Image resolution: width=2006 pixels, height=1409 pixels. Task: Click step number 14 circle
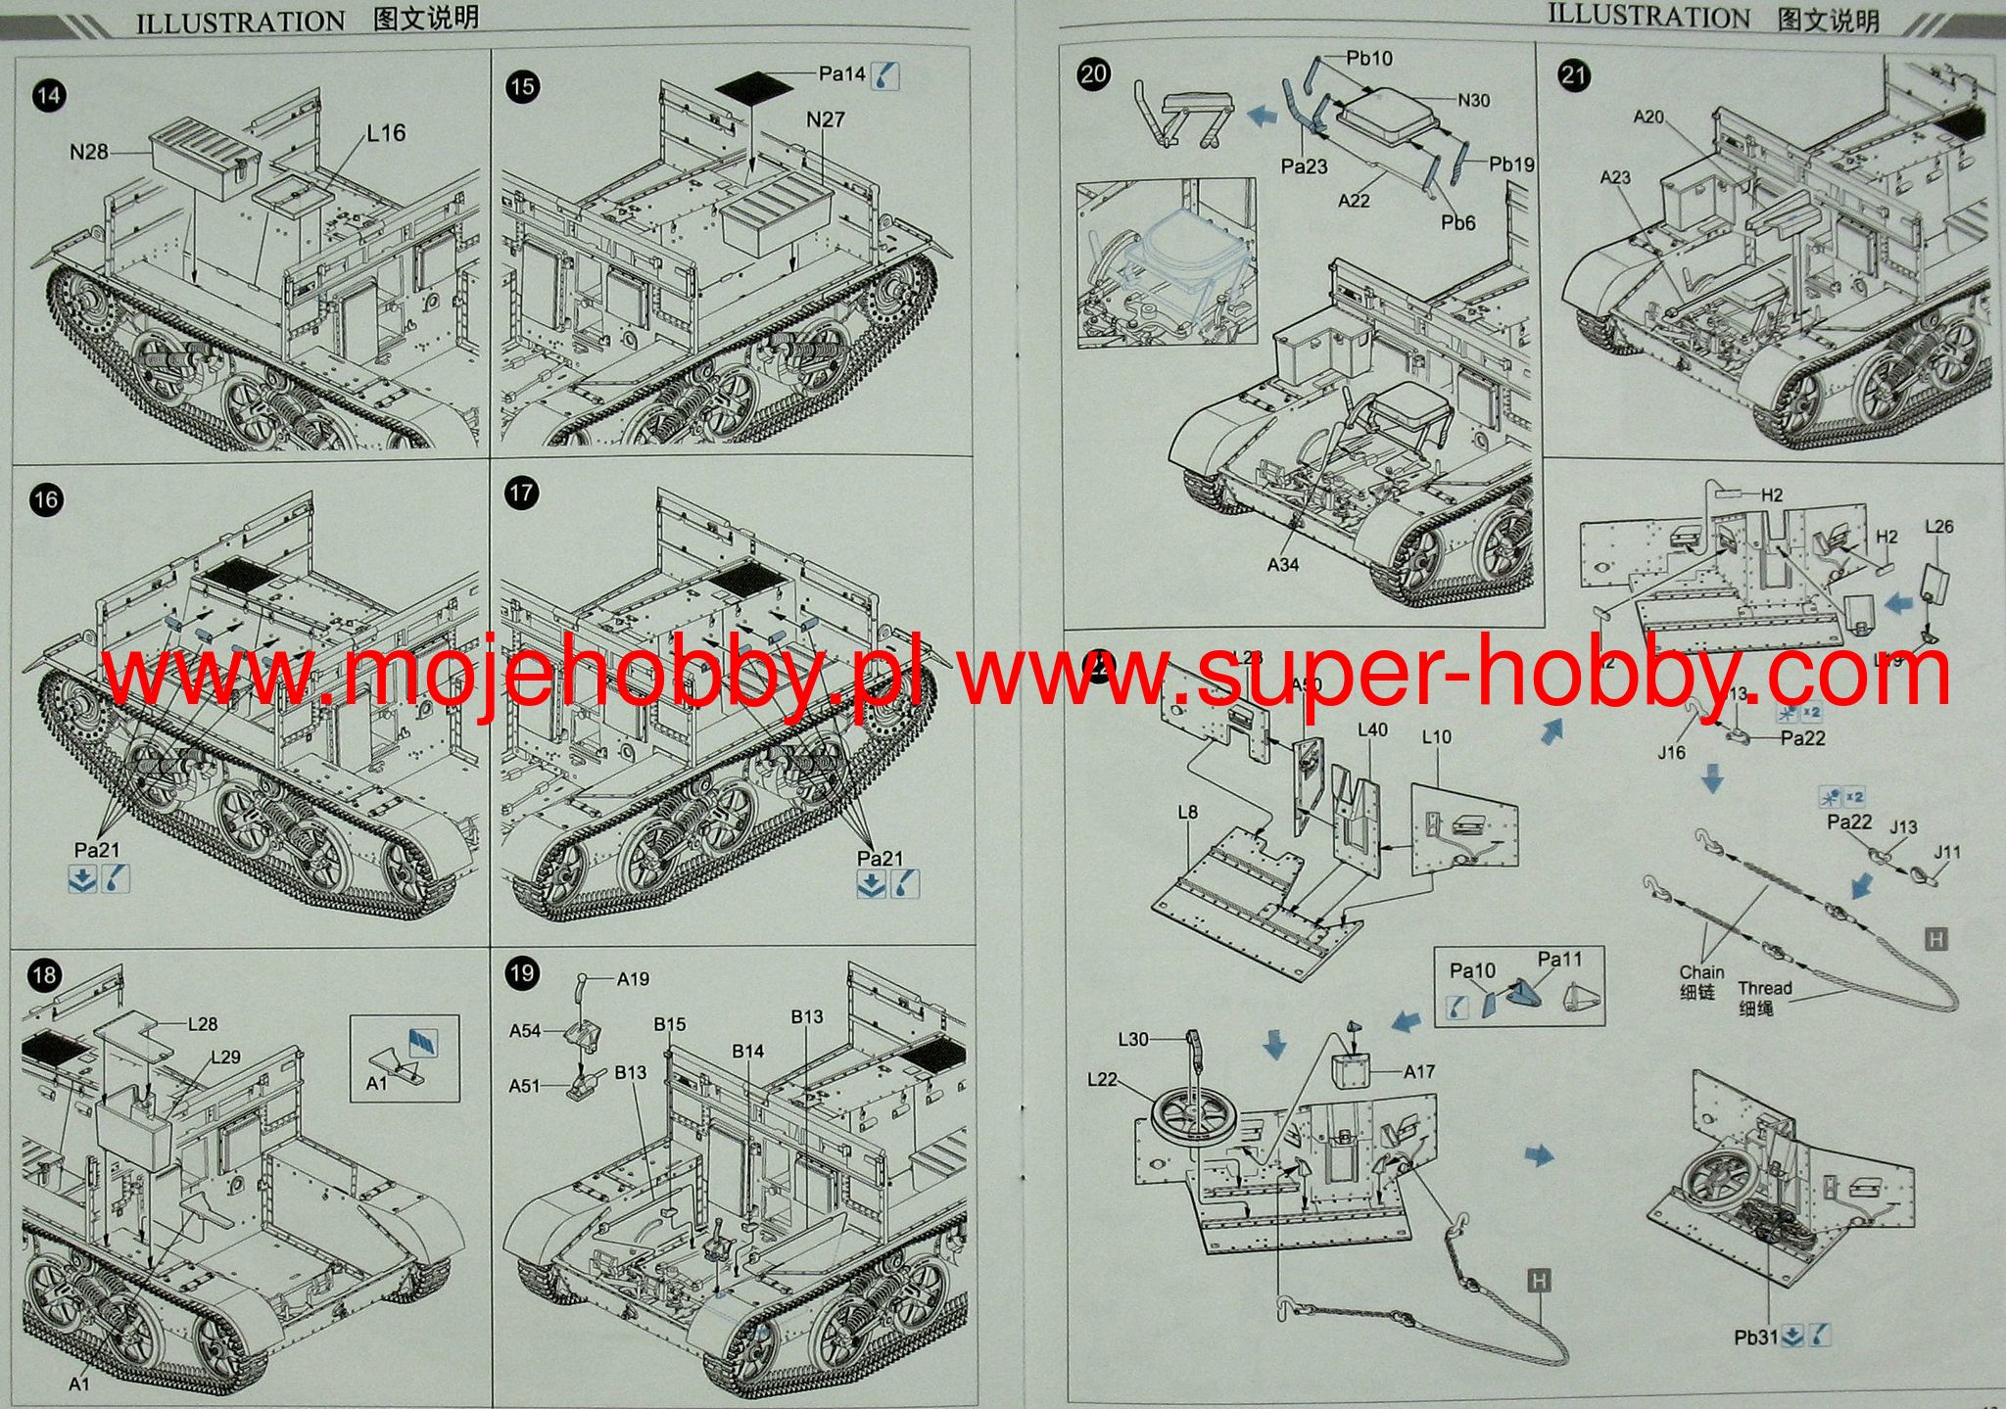[x=47, y=95]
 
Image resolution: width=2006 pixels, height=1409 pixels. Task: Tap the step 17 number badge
[x=522, y=493]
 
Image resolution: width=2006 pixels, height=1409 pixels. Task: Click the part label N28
[x=89, y=152]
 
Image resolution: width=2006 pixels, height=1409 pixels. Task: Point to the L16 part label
[x=386, y=133]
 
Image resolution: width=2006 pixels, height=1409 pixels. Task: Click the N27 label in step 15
[x=826, y=119]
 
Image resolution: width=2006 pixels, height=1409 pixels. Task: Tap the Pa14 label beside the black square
[x=842, y=73]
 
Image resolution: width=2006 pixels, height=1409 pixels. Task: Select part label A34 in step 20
[x=1282, y=564]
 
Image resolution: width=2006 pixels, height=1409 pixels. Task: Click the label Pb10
[x=1368, y=58]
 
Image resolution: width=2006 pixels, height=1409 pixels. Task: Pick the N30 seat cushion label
[x=1473, y=100]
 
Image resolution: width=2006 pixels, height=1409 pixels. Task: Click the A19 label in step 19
[x=633, y=978]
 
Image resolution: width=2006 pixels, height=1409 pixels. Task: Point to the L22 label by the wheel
[x=1102, y=1079]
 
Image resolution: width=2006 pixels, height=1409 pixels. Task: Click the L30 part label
[x=1133, y=1039]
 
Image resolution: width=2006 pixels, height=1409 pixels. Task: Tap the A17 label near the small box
[x=1418, y=1071]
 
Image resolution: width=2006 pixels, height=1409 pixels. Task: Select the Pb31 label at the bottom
[x=1755, y=1337]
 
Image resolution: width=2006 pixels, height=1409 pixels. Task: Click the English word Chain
[x=1701, y=972]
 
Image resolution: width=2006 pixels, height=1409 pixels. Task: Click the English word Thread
[x=1764, y=988]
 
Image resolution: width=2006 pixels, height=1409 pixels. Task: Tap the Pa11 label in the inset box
[x=1559, y=960]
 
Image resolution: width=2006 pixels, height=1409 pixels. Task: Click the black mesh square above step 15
[x=753, y=86]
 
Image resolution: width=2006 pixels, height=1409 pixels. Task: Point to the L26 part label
[x=1938, y=526]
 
